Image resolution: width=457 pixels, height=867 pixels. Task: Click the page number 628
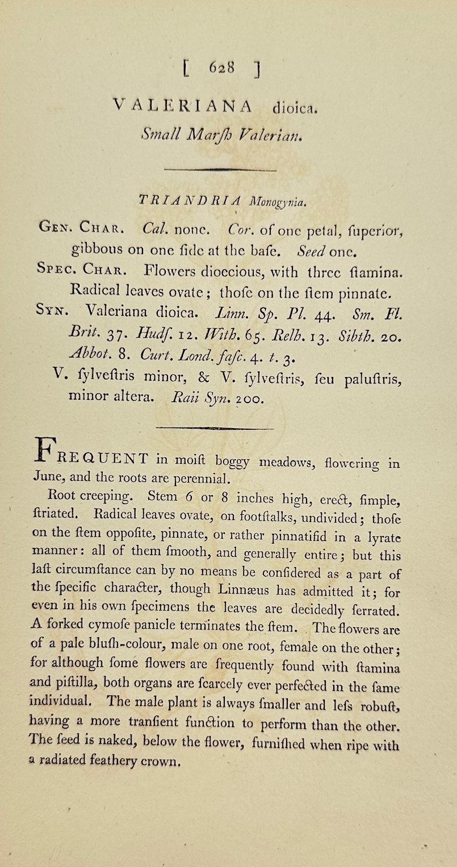[x=221, y=67]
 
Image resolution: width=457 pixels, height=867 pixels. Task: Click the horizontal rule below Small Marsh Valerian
[x=220, y=169]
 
